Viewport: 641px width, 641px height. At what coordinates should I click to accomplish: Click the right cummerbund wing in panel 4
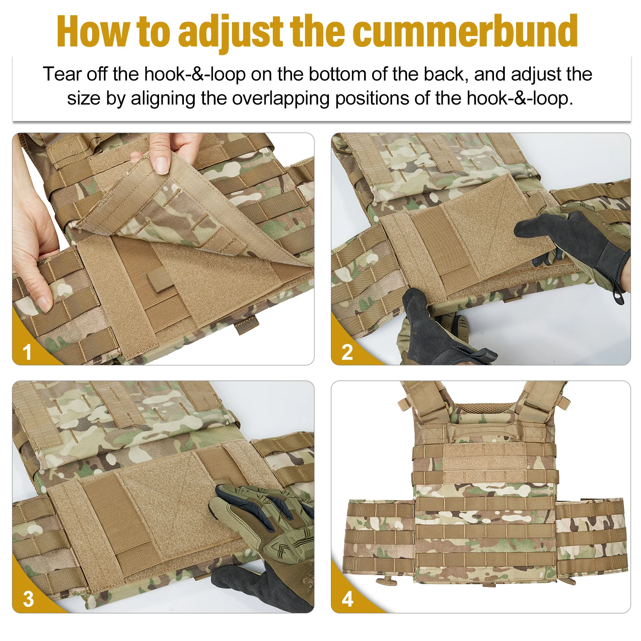(591, 537)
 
